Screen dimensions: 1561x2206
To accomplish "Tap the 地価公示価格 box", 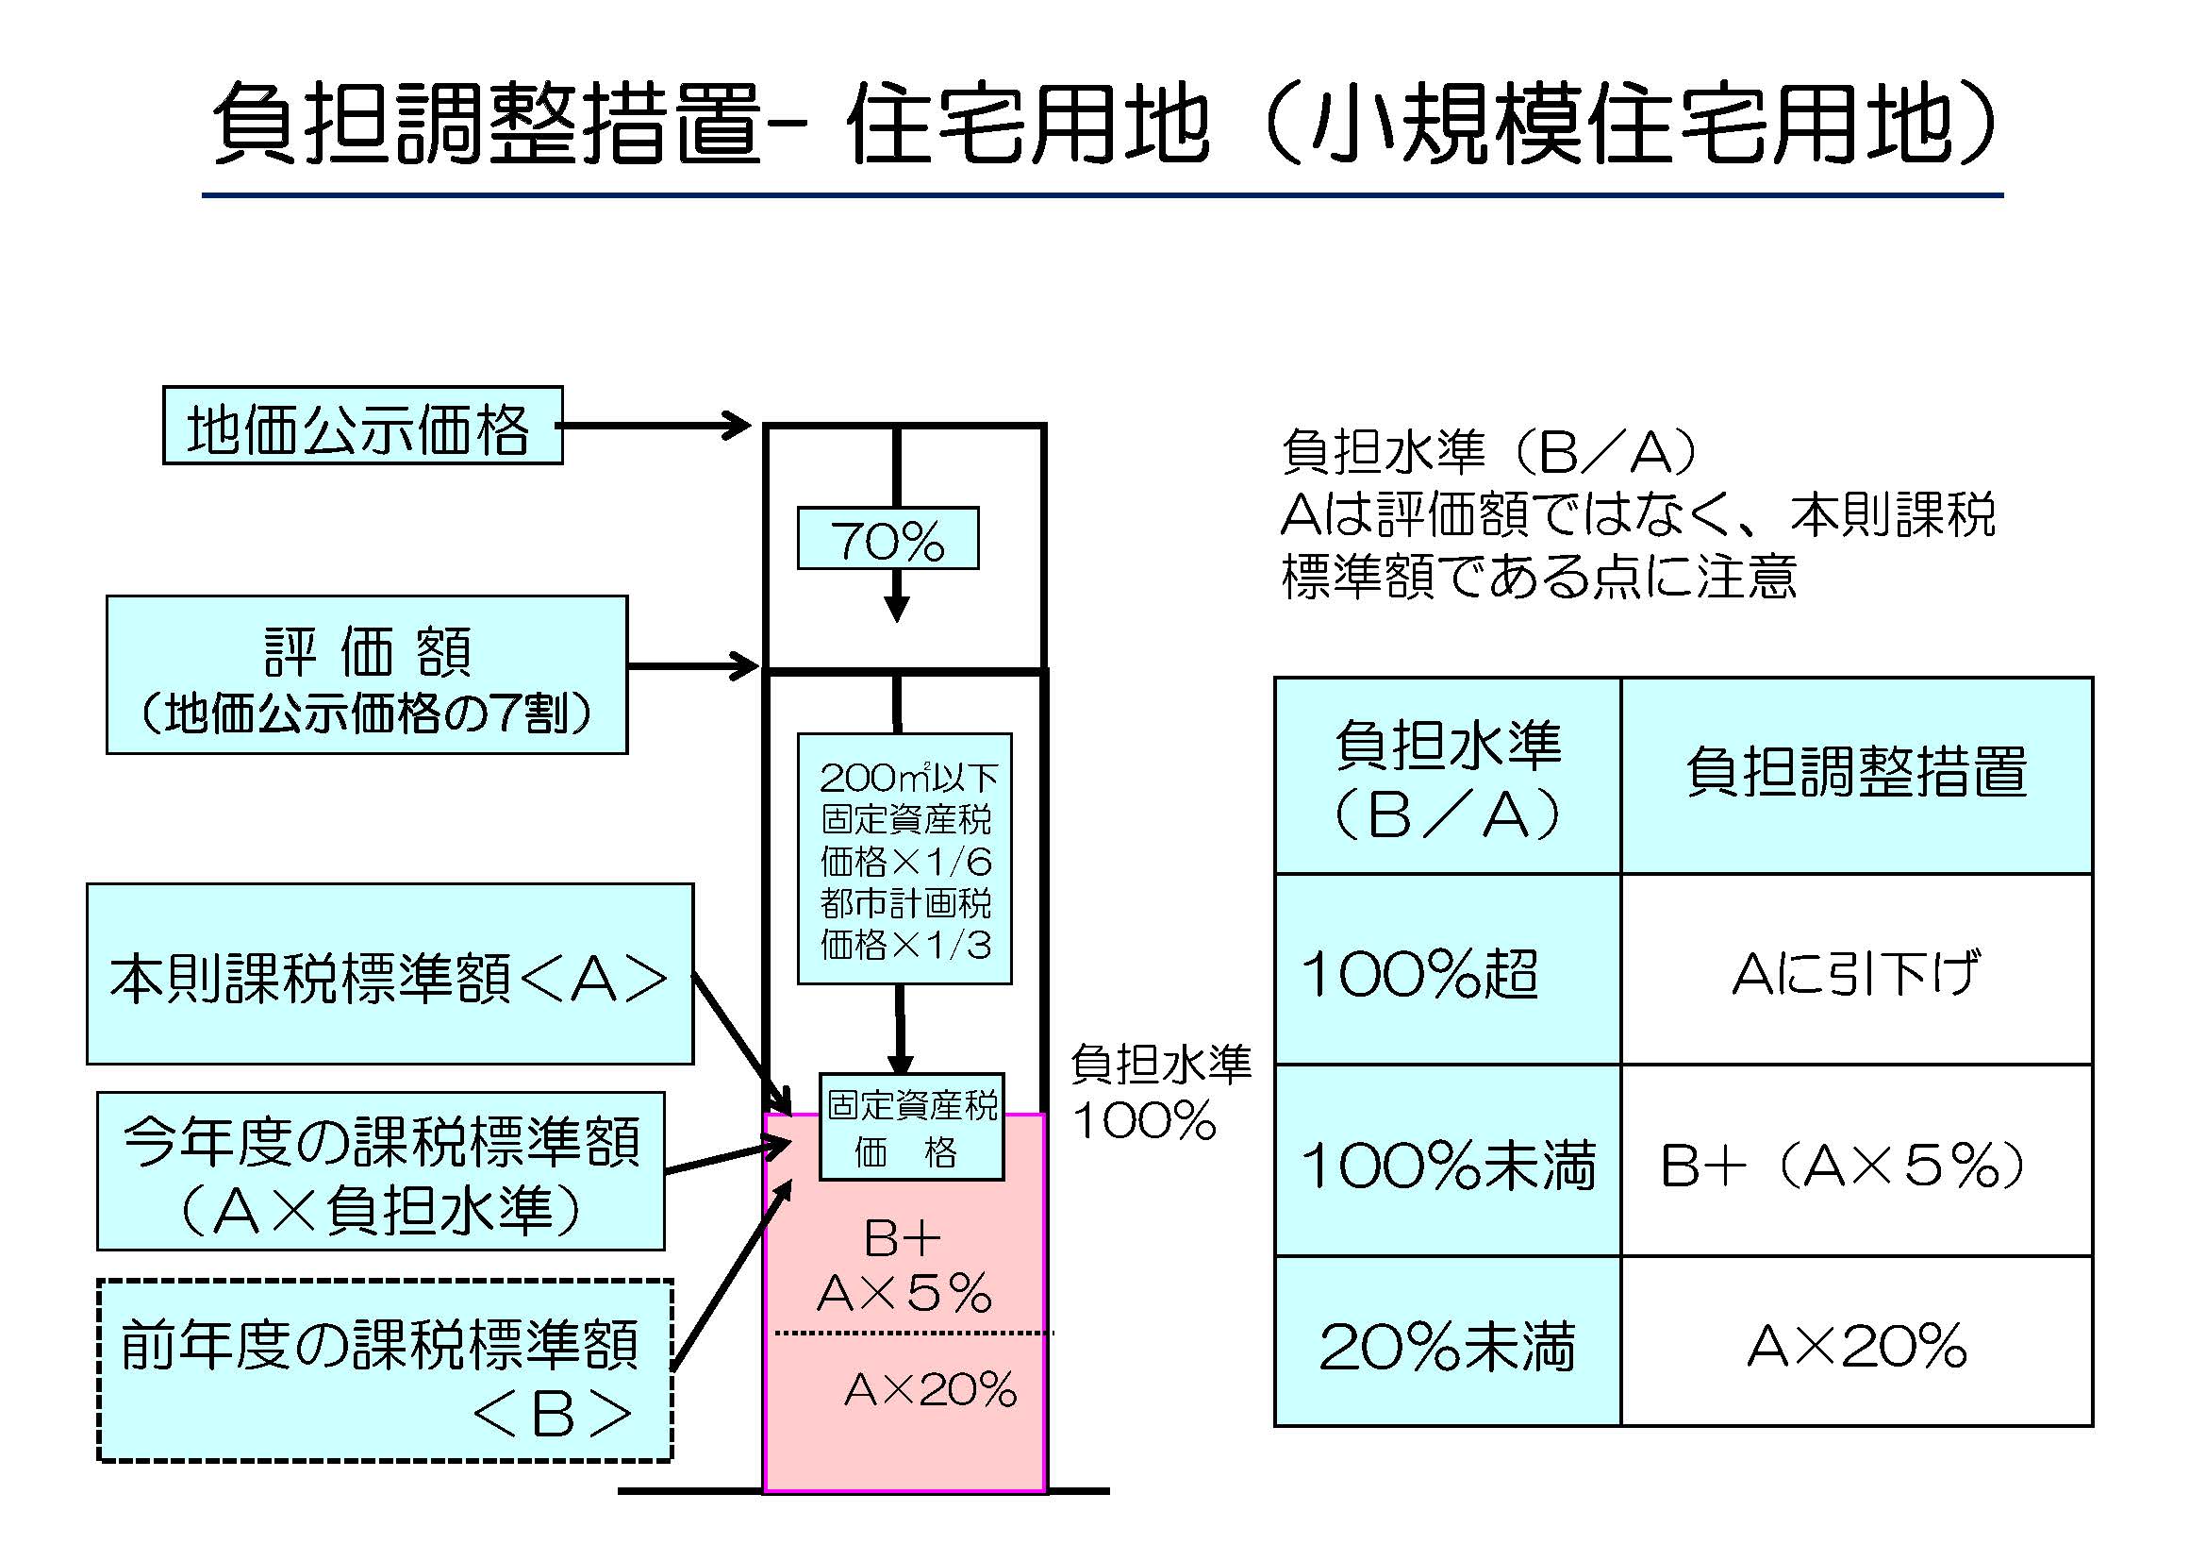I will pyautogui.click(x=362, y=426).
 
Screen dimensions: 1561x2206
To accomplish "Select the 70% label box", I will pyautogui.click(x=887, y=539).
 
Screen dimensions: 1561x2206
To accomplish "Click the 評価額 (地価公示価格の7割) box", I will pyautogui.click(x=366, y=675).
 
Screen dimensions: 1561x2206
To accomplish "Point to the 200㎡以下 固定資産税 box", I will pyautogui.click(x=904, y=858).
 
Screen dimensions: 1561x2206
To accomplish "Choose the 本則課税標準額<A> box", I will pyautogui.click(x=390, y=974).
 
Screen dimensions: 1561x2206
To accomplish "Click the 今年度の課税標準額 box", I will pyautogui.click(x=380, y=1170).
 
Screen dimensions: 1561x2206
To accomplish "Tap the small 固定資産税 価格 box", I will pyautogui.click(x=911, y=1127).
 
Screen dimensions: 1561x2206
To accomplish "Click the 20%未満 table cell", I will pyautogui.click(x=1447, y=1343).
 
